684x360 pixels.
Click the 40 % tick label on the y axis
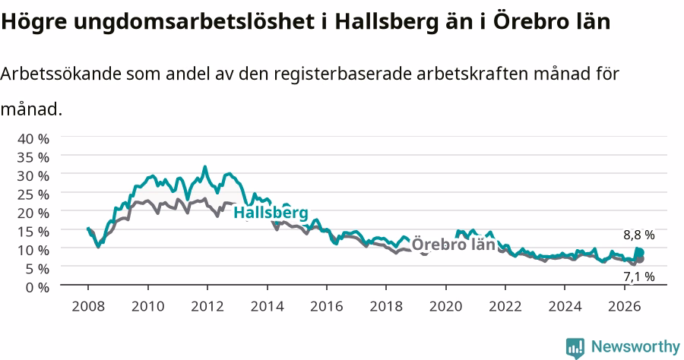33,138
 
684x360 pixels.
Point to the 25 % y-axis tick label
33,194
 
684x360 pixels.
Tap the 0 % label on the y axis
37,287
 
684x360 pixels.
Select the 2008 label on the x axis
88,306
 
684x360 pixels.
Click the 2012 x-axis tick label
207,306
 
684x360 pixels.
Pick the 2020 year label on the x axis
445,306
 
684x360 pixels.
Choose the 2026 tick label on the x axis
624,306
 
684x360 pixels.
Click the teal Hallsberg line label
271,213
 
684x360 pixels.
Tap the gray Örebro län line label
453,244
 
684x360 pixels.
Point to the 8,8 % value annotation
639,235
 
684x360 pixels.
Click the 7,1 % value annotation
639,276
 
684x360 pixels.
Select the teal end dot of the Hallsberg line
640,253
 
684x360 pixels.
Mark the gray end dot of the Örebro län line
640,259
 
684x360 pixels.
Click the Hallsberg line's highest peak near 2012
205,167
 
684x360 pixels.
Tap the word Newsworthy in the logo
635,347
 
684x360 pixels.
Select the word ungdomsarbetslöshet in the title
194,22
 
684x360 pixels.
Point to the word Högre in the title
33,22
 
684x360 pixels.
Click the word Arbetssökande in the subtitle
61,74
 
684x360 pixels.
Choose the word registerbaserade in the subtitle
343,74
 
